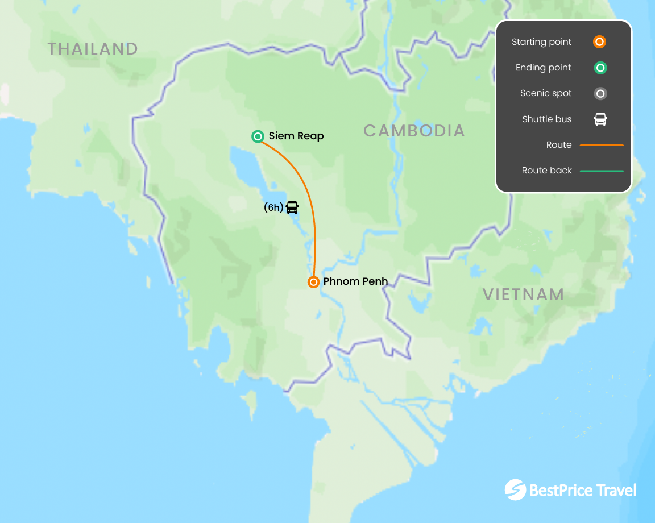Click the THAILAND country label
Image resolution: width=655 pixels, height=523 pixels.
pos(93,49)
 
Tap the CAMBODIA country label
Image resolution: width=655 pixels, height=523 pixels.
pos(414,131)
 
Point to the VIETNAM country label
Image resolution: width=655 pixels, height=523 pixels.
pos(523,294)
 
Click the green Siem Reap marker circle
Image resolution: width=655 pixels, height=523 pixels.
pos(258,136)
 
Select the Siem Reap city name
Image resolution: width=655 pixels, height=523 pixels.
pos(296,136)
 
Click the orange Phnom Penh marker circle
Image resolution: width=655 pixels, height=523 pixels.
pos(313,282)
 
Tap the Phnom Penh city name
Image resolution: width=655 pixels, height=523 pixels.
pos(355,281)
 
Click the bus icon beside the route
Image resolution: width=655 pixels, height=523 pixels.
pos(292,207)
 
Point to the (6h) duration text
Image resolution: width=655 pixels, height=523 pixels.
pos(273,208)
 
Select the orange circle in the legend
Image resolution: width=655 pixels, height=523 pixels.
pos(599,42)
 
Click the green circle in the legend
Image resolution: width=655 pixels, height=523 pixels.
pos(600,68)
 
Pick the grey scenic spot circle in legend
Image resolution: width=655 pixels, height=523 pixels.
pos(600,94)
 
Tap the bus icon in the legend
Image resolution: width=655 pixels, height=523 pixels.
pos(600,119)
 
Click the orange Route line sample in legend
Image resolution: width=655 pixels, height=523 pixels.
pos(602,146)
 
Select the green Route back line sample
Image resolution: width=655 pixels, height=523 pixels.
pos(602,171)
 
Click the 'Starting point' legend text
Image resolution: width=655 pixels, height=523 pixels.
pos(541,42)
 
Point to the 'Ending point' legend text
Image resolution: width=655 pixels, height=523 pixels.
pos(543,68)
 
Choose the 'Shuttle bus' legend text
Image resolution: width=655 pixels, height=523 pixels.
pos(546,119)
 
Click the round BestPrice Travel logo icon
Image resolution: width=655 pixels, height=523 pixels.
pos(515,490)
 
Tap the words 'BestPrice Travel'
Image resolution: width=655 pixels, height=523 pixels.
pos(583,490)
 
